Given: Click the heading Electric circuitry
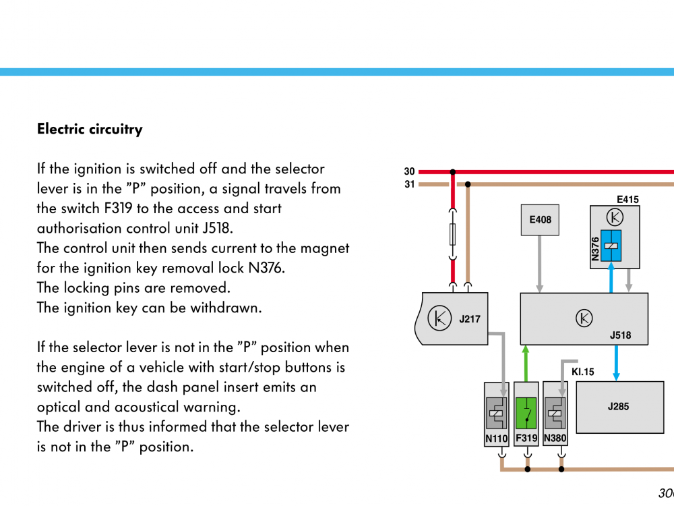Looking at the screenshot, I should (x=90, y=130).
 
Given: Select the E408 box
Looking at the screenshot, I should (x=540, y=220).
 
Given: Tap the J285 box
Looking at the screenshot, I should (x=618, y=407).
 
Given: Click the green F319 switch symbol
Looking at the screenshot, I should (x=526, y=413).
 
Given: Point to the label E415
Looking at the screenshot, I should (x=627, y=200).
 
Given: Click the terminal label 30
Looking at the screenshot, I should (x=410, y=172).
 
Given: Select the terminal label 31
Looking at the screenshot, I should (x=410, y=184).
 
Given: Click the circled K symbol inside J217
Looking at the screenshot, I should (x=440, y=318).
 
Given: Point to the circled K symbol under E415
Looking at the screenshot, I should (x=615, y=217).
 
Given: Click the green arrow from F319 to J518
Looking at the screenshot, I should (x=526, y=364).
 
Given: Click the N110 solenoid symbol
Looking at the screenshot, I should (x=497, y=413).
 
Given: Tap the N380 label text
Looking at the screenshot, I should (x=555, y=439).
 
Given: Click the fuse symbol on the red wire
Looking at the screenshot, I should (x=453, y=234).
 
